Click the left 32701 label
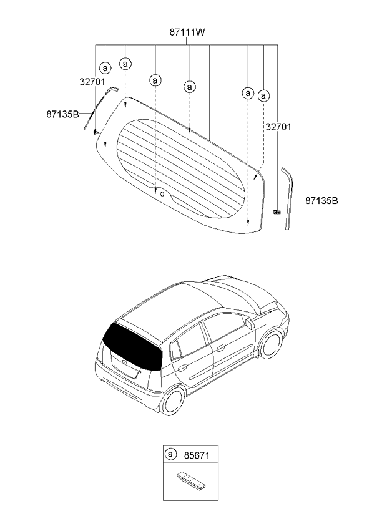point(92,81)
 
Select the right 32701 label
point(278,127)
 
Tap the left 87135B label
point(62,114)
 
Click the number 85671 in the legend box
point(191,455)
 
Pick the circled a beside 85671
point(170,454)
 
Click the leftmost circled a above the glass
point(105,67)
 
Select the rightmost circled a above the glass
point(263,95)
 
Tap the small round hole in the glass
point(163,193)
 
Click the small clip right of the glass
point(277,212)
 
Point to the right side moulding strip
point(287,197)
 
